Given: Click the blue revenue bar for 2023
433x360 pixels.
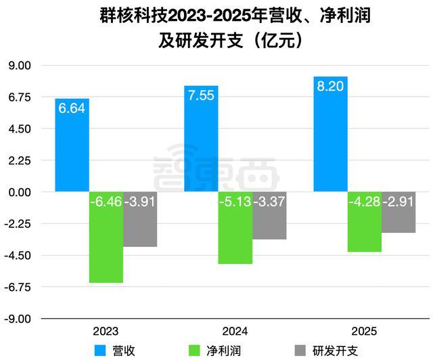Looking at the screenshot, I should click(72, 145).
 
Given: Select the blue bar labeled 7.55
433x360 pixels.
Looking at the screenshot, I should click(202, 139).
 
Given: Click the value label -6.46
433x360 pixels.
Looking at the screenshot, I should click(106, 202).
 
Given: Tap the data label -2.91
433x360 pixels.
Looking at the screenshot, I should click(398, 202).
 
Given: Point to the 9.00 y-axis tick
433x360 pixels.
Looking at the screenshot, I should click(20, 66).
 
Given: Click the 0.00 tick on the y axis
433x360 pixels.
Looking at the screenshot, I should click(20, 192).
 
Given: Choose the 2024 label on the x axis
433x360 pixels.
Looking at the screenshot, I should click(235, 332).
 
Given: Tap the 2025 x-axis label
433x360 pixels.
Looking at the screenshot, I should click(364, 332).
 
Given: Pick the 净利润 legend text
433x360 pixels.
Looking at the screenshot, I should click(223, 350).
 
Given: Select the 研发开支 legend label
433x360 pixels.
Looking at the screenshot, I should click(334, 350).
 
